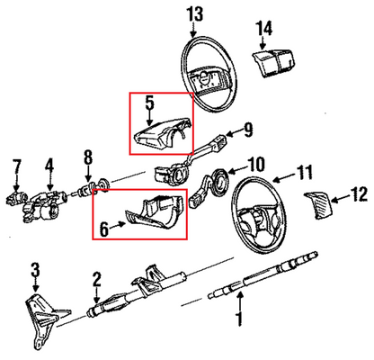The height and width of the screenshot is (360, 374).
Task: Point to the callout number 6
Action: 104,230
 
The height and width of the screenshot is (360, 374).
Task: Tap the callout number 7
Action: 15,165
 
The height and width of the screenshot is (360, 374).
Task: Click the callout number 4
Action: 49,165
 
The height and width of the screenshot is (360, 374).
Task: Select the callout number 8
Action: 87,159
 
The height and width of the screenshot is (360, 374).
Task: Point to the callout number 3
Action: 34,268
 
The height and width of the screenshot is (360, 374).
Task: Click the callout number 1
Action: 239,318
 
